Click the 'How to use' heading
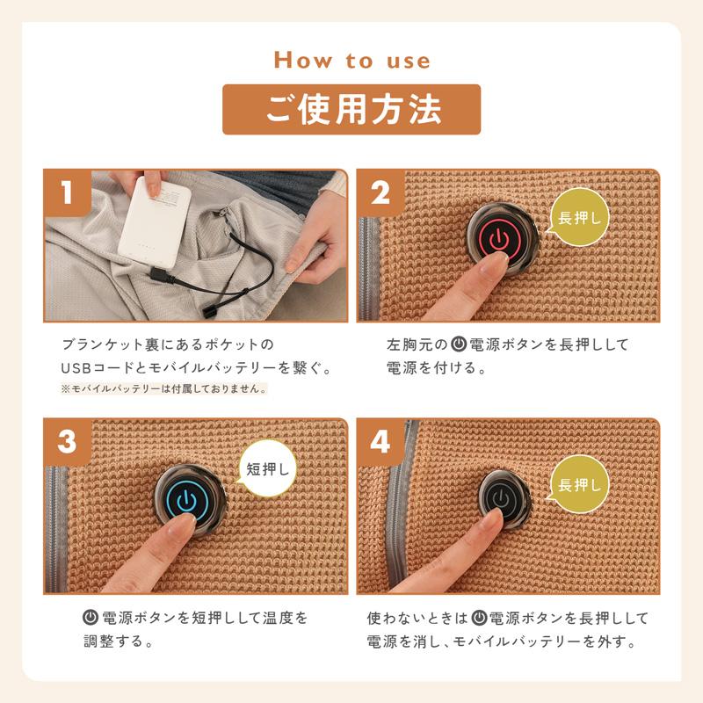click(x=351, y=60)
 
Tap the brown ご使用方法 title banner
click(x=351, y=109)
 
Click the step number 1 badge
click(x=68, y=192)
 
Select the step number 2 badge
click(x=380, y=192)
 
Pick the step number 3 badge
click(x=68, y=442)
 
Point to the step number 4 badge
click(x=380, y=442)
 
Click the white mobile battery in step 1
click(x=155, y=222)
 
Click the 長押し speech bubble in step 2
click(x=578, y=217)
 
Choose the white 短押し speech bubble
click(x=267, y=469)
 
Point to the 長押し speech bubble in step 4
click(x=578, y=484)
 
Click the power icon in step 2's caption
click(x=459, y=344)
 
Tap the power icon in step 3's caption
click(x=91, y=618)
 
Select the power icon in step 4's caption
click(x=479, y=618)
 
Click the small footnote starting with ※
click(x=163, y=388)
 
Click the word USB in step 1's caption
click(x=76, y=368)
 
